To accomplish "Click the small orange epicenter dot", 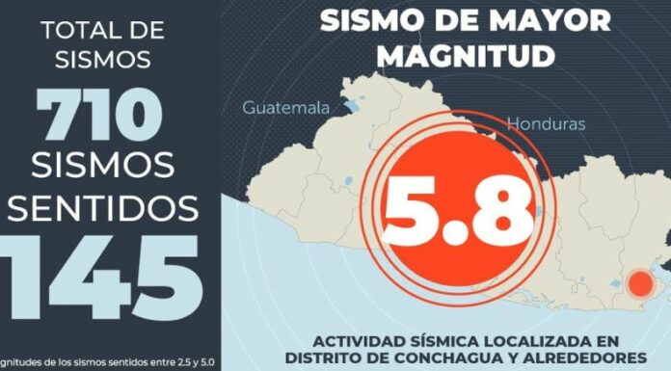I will pos(638,283).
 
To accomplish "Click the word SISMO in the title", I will pos(375,19).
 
